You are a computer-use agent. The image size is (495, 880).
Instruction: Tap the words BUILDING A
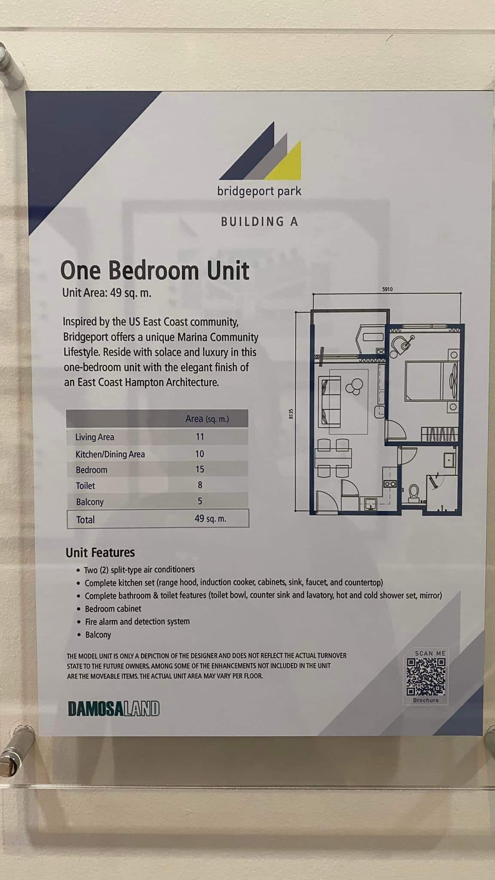tap(260, 222)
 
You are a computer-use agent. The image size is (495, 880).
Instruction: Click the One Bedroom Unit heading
tap(155, 270)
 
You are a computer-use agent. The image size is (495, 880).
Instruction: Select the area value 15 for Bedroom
tap(200, 469)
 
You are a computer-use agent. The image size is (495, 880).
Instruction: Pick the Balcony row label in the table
tap(90, 502)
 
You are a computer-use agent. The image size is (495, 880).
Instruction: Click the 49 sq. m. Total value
tap(210, 519)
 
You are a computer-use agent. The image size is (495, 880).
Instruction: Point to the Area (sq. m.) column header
tap(207, 419)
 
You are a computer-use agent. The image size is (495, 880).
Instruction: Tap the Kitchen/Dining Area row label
tap(110, 454)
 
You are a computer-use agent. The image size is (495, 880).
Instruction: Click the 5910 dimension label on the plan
tap(387, 289)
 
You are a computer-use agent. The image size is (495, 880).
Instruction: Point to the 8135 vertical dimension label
tap(291, 414)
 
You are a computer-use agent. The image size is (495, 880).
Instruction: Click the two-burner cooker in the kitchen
tap(390, 484)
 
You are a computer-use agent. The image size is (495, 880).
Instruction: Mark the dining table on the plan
tap(333, 458)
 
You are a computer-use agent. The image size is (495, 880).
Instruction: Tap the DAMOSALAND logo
tap(113, 709)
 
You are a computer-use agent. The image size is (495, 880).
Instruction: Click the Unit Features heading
tap(100, 553)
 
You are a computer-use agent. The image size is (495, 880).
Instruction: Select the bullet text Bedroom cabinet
tap(113, 608)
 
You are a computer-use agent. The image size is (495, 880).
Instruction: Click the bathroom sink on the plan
tap(450, 460)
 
